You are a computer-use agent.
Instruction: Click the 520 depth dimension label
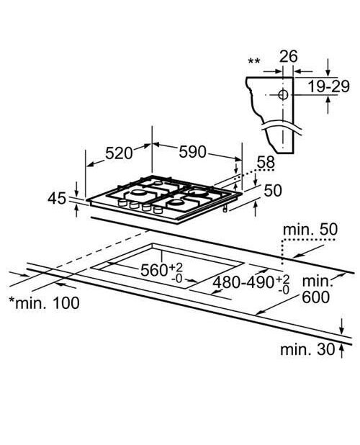point(119,153)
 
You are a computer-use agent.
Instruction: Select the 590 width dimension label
point(192,152)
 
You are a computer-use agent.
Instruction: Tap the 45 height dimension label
point(57,198)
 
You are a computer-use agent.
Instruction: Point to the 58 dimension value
point(266,162)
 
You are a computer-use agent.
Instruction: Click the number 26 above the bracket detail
point(289,56)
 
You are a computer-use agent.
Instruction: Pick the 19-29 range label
point(328,86)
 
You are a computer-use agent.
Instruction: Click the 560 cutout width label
point(162,271)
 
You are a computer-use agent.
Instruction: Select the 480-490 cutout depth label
point(251,283)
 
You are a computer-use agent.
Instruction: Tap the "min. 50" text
point(310,230)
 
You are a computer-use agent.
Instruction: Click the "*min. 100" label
point(44,303)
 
